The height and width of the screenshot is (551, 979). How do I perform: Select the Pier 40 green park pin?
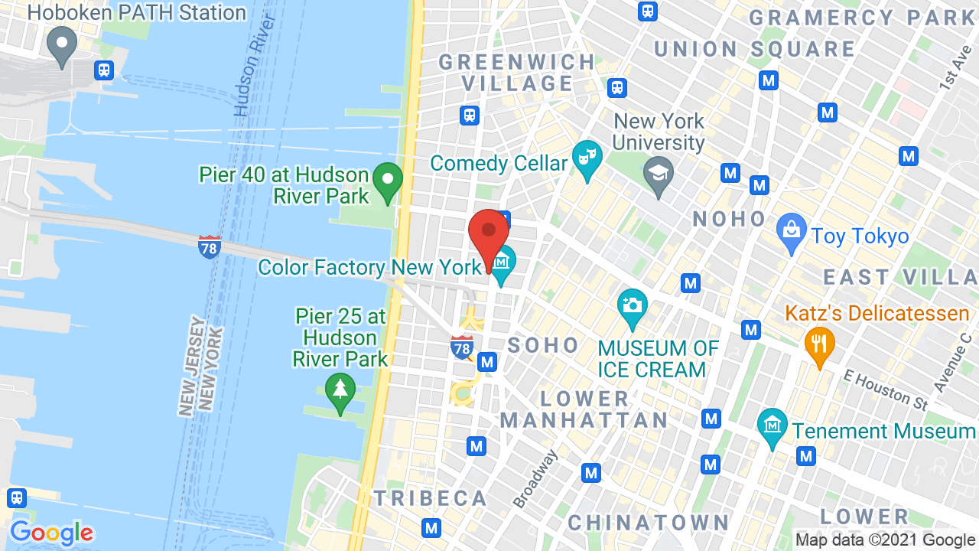(x=388, y=183)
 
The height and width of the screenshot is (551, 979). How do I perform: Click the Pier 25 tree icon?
(x=340, y=389)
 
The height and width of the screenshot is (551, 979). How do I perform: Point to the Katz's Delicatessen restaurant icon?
(x=819, y=345)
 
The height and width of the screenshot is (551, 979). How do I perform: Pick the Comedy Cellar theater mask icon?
(x=587, y=159)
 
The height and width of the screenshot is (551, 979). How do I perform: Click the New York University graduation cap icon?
(x=659, y=175)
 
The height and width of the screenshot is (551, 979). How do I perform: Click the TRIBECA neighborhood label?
(x=430, y=498)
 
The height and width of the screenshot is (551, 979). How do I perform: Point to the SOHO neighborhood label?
(x=544, y=345)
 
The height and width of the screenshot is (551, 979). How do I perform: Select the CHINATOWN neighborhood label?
(x=649, y=523)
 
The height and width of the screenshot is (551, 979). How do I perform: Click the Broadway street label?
(x=535, y=478)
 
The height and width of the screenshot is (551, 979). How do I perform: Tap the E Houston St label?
(x=886, y=388)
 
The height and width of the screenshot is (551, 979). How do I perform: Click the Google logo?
(x=51, y=532)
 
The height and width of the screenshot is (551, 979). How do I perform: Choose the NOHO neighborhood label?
(x=729, y=219)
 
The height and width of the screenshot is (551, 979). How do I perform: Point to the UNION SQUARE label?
(x=754, y=49)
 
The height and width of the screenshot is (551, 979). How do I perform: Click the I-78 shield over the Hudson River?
(x=209, y=246)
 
